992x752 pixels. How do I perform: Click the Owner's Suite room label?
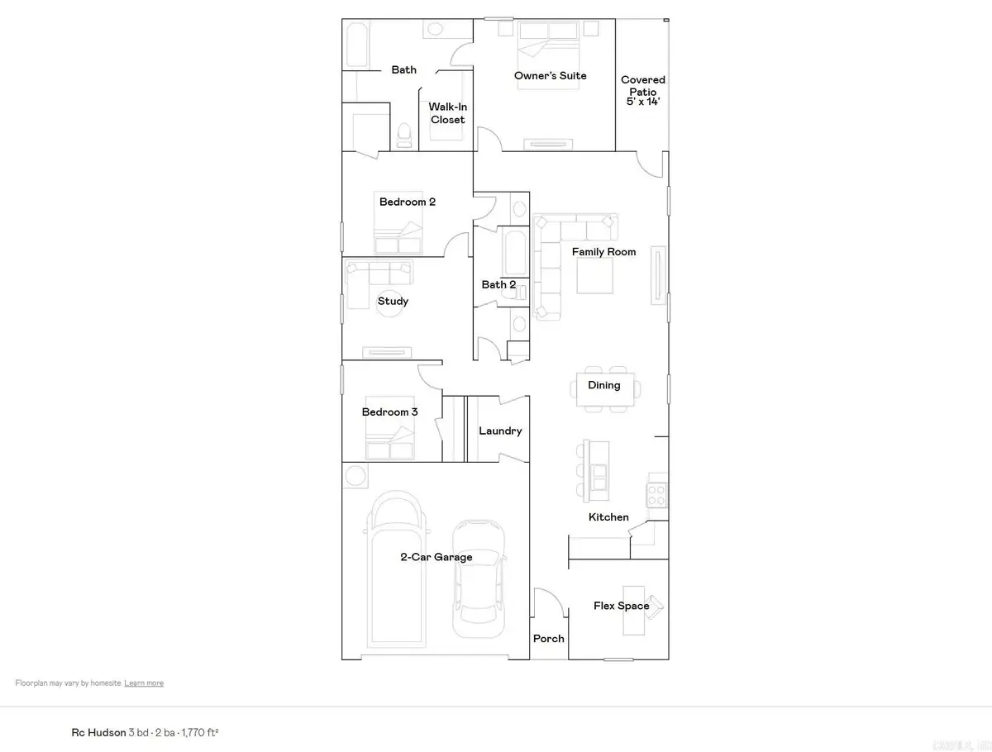550,75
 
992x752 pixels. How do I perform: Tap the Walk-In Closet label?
446,113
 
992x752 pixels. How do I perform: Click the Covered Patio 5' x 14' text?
643,91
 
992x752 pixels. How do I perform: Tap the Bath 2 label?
498,284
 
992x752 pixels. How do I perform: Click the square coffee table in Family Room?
594,276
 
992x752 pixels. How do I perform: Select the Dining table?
608,388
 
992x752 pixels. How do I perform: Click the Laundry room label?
500,431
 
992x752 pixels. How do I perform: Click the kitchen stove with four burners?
656,494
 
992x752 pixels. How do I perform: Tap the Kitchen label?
608,517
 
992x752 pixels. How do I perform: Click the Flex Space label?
621,606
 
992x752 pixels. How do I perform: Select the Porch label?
548,638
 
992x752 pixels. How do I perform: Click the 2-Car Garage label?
436,557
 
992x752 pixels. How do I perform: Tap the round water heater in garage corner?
356,475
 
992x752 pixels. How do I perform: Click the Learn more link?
144,683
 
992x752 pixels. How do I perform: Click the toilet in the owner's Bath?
404,134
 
